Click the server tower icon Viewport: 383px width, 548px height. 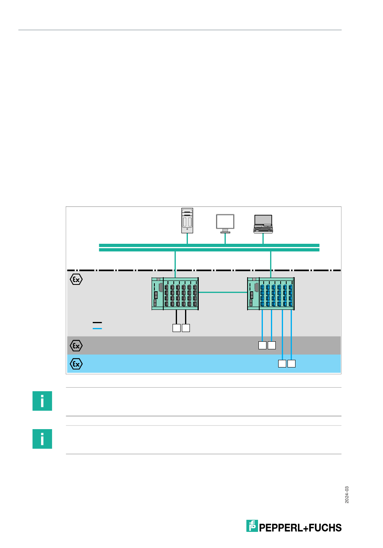pos(187,220)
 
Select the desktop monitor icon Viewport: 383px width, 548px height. pos(225,223)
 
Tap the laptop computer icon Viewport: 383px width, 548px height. pos(263,224)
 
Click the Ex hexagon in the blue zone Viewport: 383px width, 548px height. pos(76,364)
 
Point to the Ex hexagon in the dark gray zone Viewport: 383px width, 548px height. pos(76,346)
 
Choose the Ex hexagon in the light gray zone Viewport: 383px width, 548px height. pos(76,279)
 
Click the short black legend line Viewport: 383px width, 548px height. pos(97,322)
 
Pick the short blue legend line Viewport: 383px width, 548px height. pos(97,328)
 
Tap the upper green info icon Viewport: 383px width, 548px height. pos(42,401)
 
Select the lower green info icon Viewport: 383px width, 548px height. pos(42,439)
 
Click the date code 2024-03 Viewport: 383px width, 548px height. pos(347,494)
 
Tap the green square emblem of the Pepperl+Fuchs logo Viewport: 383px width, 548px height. pos(252,526)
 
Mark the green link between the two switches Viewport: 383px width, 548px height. pos(223,293)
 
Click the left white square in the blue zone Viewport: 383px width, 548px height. pos(282,363)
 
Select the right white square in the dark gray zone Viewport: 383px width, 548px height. pos(272,345)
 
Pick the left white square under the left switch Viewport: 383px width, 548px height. pos(176,328)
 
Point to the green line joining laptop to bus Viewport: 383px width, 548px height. pos(263,239)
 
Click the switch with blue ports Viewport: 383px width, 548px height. pos(271,294)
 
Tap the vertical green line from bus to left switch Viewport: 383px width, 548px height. pos(175,264)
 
